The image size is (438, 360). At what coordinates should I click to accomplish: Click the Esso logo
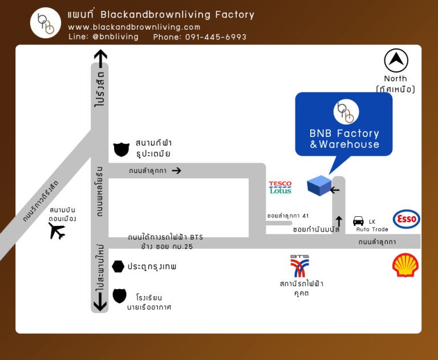(x=406, y=219)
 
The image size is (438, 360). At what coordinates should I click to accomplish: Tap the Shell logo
(x=405, y=265)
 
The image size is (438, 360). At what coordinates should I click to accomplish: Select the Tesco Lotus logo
(x=280, y=188)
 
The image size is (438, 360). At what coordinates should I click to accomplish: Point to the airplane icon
(x=57, y=231)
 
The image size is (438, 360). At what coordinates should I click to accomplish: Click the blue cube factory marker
(x=319, y=185)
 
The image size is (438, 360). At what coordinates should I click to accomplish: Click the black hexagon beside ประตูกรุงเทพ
(x=118, y=266)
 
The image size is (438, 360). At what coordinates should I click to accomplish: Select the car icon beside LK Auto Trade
(x=358, y=221)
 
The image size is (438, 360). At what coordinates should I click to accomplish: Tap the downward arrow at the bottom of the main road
(x=100, y=302)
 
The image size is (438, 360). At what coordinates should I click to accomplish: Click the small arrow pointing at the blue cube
(x=335, y=190)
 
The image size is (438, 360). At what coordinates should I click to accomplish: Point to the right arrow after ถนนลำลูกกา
(x=176, y=170)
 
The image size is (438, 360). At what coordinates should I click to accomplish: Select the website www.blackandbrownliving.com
(x=134, y=27)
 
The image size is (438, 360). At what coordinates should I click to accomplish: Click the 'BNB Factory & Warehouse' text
(x=344, y=139)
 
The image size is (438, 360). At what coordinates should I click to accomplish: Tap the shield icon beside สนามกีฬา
(x=121, y=149)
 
